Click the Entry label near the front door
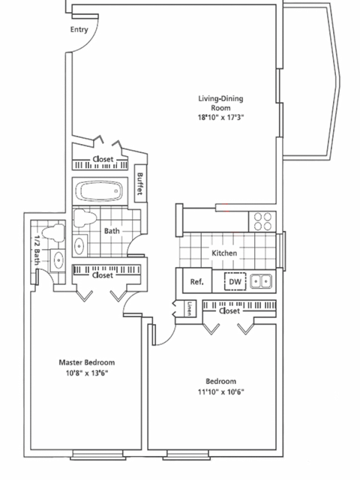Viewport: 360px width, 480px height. [79, 30]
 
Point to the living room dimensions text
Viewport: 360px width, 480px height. [221, 117]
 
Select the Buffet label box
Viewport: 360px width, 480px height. [140, 181]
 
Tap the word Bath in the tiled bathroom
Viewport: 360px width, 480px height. [112, 231]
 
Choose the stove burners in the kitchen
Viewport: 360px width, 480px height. [262, 220]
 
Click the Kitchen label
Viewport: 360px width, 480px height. [224, 254]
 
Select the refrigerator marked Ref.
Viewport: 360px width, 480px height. [197, 282]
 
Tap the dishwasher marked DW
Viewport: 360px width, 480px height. [235, 282]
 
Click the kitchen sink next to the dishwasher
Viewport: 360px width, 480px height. [260, 281]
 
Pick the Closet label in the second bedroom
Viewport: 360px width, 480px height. [229, 309]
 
